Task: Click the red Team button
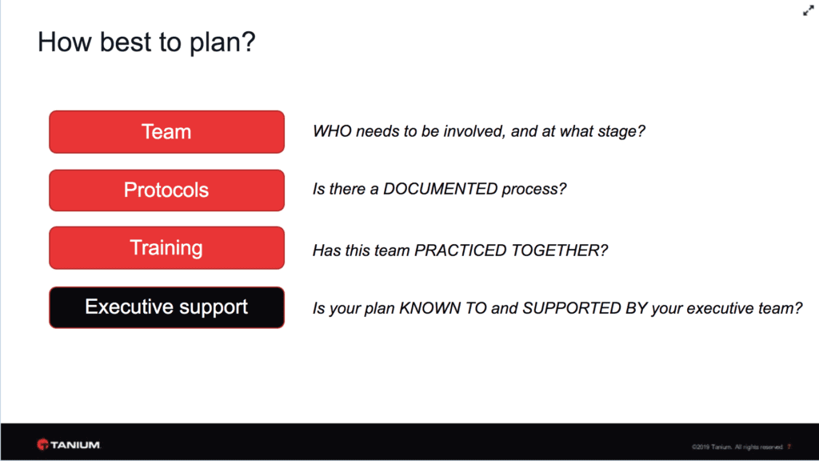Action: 166,132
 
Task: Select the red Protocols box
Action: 166,190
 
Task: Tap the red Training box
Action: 166,248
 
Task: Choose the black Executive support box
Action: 166,307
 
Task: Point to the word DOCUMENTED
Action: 441,189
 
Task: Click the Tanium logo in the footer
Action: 69,445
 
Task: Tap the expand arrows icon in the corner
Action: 808,10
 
